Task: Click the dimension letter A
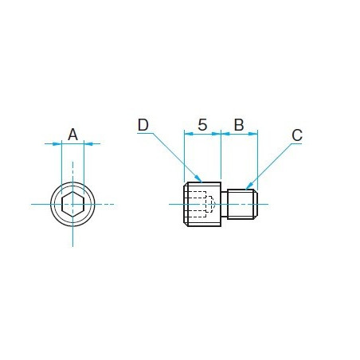click(x=72, y=135)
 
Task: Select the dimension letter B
click(x=239, y=125)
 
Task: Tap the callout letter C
click(x=297, y=135)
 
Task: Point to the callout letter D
click(x=143, y=125)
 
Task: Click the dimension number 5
click(x=202, y=125)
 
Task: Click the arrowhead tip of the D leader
click(x=202, y=182)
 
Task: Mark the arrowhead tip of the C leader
click(x=246, y=190)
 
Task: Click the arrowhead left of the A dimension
click(x=57, y=144)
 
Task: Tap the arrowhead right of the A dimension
click(x=88, y=144)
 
